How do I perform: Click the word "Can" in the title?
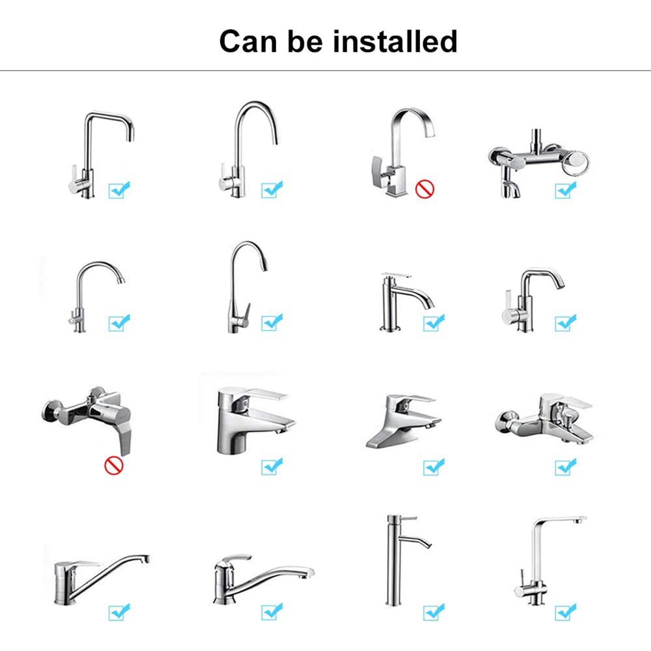point(248,41)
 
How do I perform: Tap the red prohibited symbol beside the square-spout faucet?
point(425,189)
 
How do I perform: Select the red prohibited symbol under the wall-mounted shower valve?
point(114,465)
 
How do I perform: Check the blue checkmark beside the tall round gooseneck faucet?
point(272,189)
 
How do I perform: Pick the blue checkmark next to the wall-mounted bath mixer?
point(565,189)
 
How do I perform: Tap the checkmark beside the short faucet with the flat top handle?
point(433,323)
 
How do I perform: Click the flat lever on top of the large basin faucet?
point(264,393)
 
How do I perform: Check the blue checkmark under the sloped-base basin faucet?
point(433,467)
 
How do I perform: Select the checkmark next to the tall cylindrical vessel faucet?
point(433,612)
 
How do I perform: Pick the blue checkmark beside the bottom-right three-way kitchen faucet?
point(565,612)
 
